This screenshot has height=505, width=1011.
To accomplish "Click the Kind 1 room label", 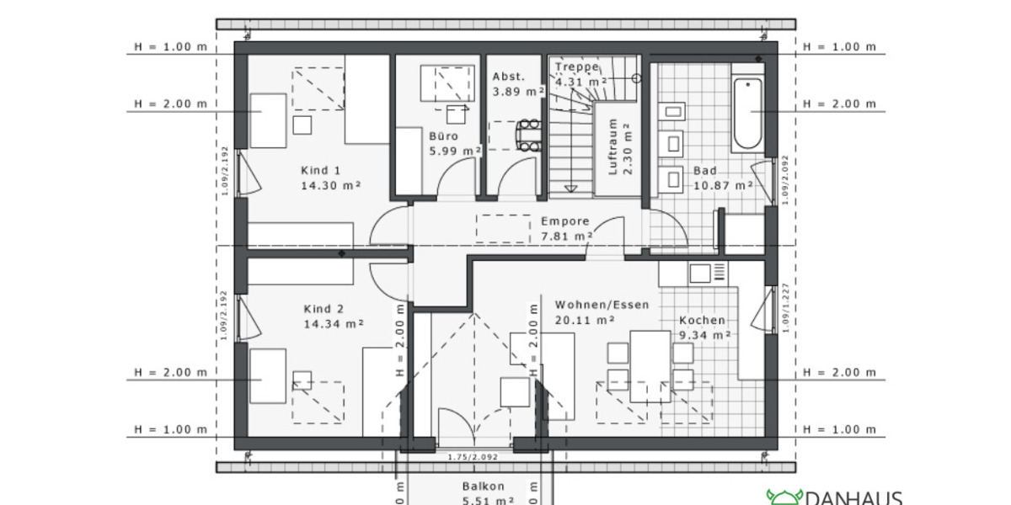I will (321, 170).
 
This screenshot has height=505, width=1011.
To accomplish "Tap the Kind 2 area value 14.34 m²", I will (333, 323).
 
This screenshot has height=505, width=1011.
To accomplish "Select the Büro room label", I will (443, 136).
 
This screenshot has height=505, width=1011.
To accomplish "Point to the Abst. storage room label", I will (508, 76).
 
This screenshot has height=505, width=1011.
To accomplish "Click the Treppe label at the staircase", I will (577, 66).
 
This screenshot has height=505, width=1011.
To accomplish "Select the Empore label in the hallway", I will (564, 221).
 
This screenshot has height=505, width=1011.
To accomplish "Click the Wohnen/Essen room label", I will (602, 305).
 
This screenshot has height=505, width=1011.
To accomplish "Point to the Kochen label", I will (702, 320).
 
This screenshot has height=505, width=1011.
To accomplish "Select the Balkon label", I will (484, 486).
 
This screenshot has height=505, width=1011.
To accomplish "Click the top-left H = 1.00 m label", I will (169, 47).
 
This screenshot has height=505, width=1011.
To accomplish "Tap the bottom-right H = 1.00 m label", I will (839, 430).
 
